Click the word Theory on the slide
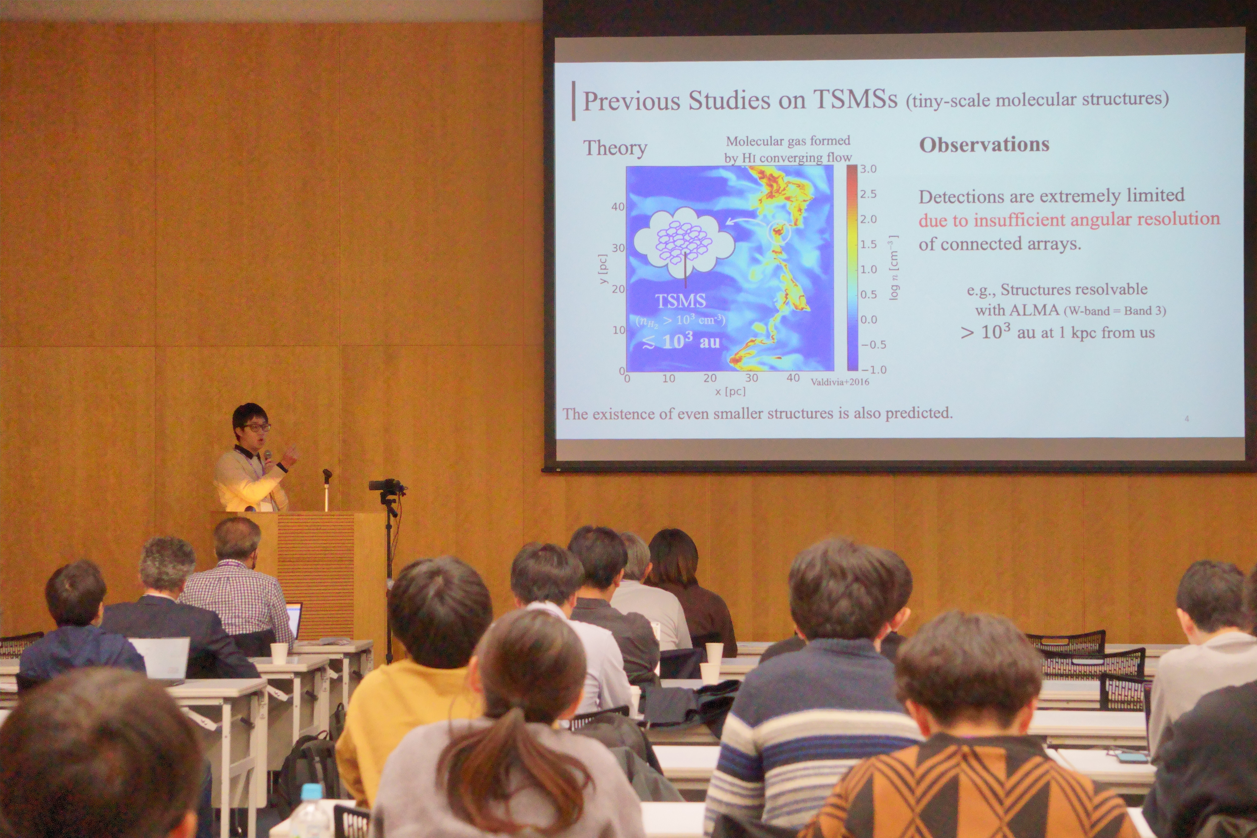[x=615, y=148]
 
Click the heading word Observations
[x=984, y=145]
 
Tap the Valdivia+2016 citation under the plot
[x=840, y=381]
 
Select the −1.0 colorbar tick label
[x=873, y=369]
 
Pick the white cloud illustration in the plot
[x=684, y=243]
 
